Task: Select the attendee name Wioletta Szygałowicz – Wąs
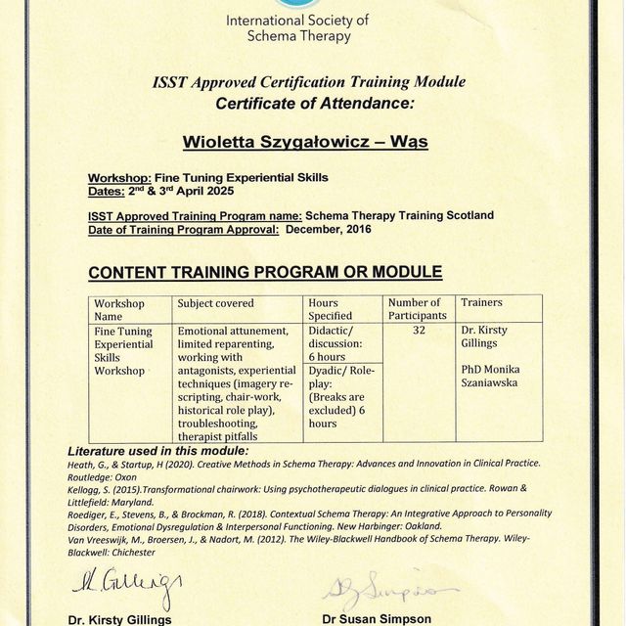pos(306,142)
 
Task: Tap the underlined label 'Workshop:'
pos(119,178)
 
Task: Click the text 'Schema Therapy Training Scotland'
pos(399,216)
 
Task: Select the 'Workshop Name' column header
pos(119,309)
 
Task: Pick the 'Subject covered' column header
pos(215,303)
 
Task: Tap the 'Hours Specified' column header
pos(330,309)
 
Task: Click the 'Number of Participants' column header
pos(417,309)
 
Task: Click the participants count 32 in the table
pos(419,331)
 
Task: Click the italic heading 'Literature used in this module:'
pos(157,450)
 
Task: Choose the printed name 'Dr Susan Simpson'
pos(378,619)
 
